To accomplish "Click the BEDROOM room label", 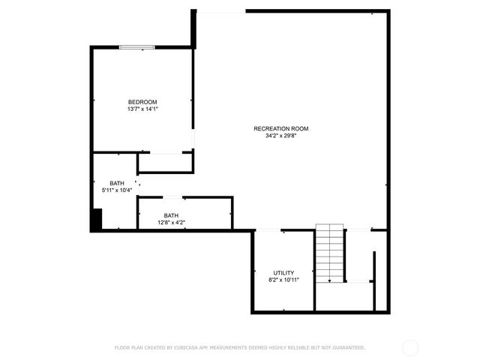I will [142, 102].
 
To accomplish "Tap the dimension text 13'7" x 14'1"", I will [142, 109].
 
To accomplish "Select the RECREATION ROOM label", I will [280, 129].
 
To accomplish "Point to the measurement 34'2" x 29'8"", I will [280, 136].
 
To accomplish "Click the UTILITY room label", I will [283, 273].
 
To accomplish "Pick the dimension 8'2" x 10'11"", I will [283, 280].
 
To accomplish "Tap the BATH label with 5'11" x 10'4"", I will [117, 184].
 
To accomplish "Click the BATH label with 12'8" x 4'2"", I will [172, 216].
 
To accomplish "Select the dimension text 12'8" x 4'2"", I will [172, 223].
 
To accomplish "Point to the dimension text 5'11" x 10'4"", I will [117, 190].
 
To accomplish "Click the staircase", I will [329, 253].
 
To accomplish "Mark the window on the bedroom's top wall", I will [138, 48].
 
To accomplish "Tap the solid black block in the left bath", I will [96, 220].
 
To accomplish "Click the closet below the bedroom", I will [165, 163].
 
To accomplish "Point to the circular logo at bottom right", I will [410, 347].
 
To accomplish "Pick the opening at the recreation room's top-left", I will [220, 11].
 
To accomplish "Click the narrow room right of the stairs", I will [381, 270].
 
